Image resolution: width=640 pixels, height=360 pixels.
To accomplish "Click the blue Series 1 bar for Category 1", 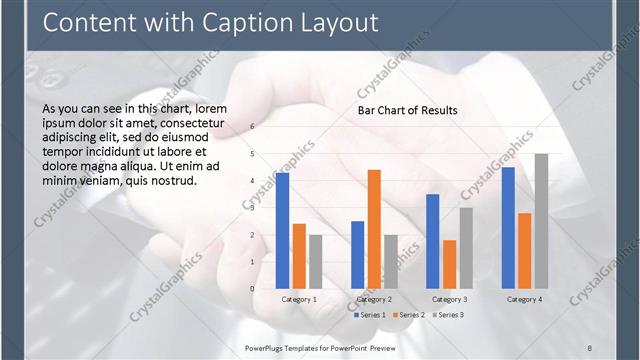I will click(283, 231).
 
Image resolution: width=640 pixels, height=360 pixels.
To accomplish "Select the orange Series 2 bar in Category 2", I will click(374, 229).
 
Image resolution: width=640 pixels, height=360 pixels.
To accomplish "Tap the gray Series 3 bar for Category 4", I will click(541, 221).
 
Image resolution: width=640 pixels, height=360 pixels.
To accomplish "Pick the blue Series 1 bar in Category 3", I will click(433, 241).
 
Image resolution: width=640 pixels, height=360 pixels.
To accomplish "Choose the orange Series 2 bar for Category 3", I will click(449, 264).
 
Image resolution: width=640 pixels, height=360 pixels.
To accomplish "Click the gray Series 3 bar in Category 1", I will click(316, 262).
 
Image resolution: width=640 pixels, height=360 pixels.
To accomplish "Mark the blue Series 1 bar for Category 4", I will click(508, 228).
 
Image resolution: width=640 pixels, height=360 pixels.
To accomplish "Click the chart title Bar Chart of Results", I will click(408, 110).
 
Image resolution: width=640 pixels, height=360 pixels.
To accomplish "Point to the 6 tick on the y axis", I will click(253, 127).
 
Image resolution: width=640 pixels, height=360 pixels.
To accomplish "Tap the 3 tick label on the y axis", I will click(253, 208).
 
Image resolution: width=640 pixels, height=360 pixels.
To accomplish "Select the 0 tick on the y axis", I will click(253, 289).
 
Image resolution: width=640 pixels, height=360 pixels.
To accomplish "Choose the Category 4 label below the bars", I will click(524, 299).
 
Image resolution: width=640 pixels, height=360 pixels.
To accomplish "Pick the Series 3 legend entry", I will click(449, 315).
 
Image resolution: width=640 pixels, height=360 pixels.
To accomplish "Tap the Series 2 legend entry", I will click(410, 315).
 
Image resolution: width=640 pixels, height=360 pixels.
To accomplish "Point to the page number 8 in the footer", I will click(589, 347).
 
